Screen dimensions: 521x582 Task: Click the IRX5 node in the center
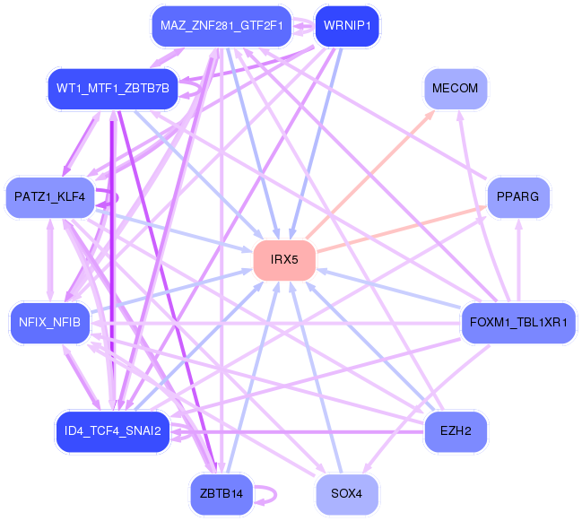tap(284, 259)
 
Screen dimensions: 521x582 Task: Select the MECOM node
tap(455, 89)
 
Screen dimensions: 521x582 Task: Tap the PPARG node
tap(518, 196)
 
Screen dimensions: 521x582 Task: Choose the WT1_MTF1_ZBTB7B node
tap(112, 88)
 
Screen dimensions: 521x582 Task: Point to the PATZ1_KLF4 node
tap(49, 196)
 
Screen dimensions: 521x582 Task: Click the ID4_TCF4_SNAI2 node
tap(112, 430)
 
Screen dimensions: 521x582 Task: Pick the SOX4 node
tap(346, 494)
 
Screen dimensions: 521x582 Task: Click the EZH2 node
tap(455, 430)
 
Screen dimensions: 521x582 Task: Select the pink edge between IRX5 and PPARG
tap(404, 228)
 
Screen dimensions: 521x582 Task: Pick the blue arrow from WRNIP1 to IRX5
tap(315, 143)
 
